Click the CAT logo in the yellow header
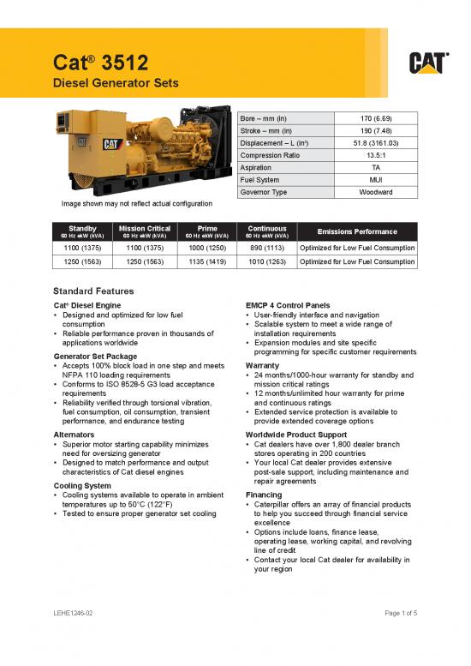426,63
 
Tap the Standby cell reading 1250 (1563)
84,262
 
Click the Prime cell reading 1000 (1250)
207,247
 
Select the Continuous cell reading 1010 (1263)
267,262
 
